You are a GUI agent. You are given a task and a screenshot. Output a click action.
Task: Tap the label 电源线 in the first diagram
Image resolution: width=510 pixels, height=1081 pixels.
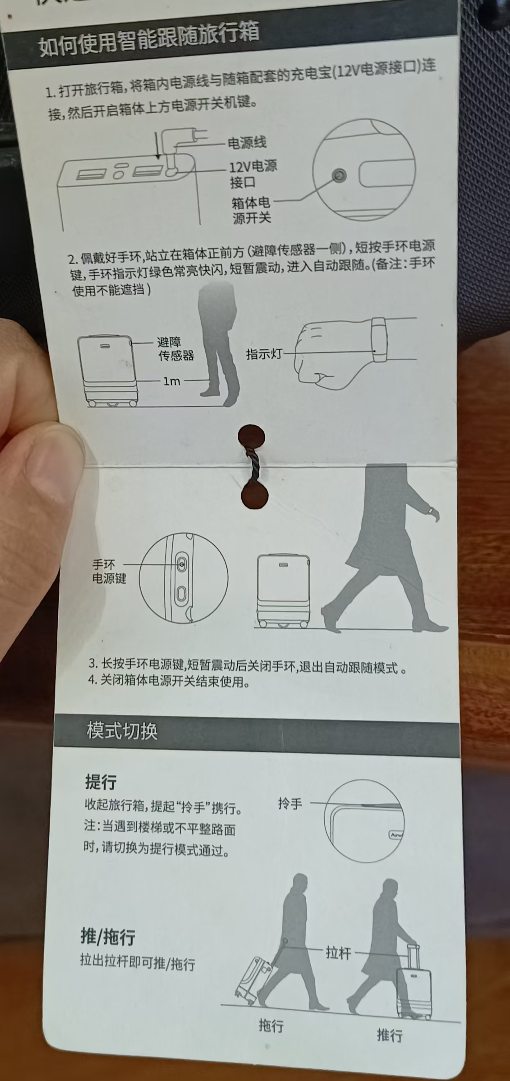coord(247,143)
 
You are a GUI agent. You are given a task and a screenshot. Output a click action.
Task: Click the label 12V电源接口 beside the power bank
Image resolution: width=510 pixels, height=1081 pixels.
coord(253,174)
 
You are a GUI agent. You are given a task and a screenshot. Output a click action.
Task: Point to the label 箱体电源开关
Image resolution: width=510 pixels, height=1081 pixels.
coord(251,210)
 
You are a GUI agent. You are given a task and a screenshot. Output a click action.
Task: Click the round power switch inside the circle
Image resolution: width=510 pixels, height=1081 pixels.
coord(339,176)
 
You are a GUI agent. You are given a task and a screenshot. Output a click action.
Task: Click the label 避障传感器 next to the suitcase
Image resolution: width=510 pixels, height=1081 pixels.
coord(175,349)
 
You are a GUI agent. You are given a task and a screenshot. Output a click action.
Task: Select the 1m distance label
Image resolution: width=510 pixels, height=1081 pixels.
coord(171,381)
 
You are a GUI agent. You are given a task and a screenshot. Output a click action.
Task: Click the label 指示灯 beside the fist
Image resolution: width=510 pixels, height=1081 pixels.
coord(264,354)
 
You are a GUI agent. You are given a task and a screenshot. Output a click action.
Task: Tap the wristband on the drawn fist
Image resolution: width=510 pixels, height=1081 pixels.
coord(379,340)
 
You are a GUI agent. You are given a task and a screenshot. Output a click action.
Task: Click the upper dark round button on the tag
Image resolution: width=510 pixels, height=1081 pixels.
coord(251,437)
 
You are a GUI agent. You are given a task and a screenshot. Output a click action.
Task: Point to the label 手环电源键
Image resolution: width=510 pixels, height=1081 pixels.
coord(108,572)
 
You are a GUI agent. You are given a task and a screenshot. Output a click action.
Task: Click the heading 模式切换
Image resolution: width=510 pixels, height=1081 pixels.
coord(122,731)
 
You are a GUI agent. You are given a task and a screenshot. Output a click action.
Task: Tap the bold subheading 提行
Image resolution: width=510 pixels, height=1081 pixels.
coord(101,781)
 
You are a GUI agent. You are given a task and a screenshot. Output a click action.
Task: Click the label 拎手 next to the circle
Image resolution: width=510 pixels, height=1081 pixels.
coord(290,804)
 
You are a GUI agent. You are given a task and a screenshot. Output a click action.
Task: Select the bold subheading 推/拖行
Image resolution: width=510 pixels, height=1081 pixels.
coord(108,937)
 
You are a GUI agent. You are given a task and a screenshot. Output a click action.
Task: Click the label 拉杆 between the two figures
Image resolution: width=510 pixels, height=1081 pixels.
coord(338,953)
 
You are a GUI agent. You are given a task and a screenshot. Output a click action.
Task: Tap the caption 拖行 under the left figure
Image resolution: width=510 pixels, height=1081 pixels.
coord(271,1025)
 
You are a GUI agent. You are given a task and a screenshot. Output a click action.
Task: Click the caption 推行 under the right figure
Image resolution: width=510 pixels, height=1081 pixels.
coord(389,1035)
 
